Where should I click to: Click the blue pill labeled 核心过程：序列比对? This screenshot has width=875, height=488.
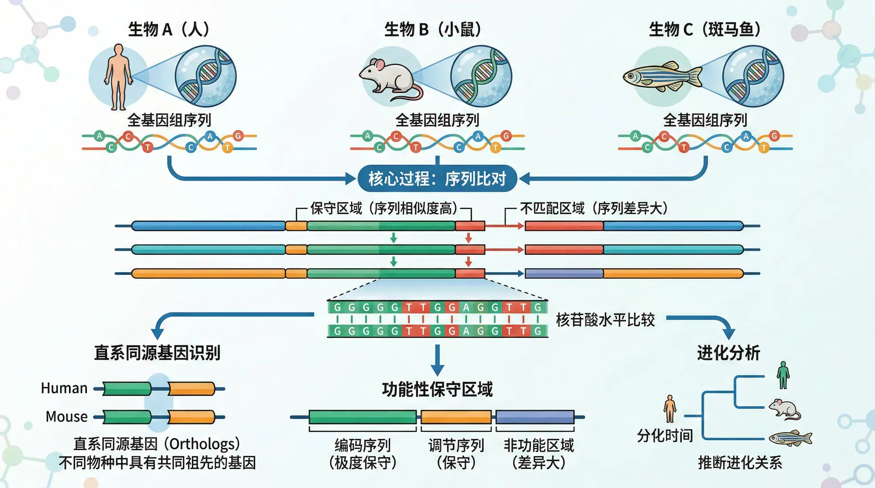tap(437, 179)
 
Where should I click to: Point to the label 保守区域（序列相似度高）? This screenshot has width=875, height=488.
tap(384, 208)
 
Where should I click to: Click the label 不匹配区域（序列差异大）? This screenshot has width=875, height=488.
tap(593, 208)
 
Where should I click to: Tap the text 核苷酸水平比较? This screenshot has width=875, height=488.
tap(605, 320)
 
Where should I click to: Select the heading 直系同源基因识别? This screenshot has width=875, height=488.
tap(157, 353)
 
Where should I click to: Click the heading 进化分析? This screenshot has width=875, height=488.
tap(728, 353)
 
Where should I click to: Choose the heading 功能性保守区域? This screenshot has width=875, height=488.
tap(437, 390)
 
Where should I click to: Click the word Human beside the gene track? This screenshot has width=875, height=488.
tap(64, 388)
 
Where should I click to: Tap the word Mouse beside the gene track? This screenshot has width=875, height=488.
tap(67, 417)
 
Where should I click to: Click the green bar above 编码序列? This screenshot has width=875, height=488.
tap(362, 417)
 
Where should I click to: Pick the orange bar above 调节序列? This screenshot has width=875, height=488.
tap(456, 417)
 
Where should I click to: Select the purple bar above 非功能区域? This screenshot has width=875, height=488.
tap(535, 417)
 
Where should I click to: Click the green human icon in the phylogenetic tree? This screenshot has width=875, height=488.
tap(783, 375)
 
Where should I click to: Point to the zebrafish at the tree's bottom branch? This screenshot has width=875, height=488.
tap(790, 438)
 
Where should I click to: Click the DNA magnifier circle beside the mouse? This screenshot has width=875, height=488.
tap(481, 76)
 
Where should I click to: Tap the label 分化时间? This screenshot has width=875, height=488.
tap(665, 436)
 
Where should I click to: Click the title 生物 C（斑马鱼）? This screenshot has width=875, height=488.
tap(705, 30)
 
